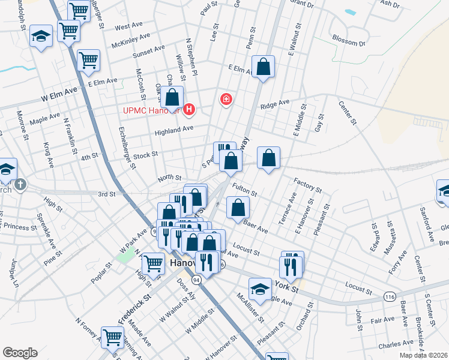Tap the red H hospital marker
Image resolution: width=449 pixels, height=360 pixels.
point(190,109)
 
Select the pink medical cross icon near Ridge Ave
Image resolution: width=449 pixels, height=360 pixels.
point(226,99)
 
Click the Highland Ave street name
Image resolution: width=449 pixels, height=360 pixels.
point(174,129)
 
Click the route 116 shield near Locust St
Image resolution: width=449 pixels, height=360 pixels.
point(389,296)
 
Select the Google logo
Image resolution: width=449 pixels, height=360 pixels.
point(20,353)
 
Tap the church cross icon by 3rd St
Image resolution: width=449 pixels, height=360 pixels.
point(20,184)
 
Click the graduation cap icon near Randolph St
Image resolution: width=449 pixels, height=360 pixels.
point(41,37)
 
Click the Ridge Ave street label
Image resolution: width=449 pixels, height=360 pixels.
point(275,105)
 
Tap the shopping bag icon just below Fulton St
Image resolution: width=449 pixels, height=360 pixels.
point(238,208)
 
